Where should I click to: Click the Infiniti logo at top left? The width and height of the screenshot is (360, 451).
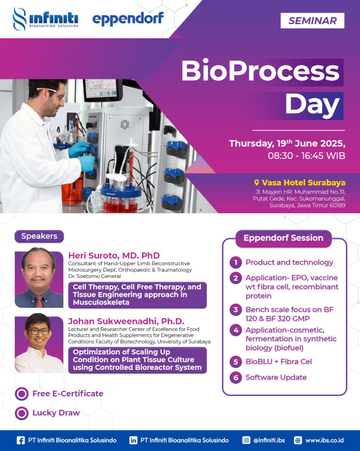[x=45, y=19]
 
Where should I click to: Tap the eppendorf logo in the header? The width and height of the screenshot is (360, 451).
[x=128, y=18]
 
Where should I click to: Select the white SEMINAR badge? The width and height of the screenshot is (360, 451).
[x=312, y=21]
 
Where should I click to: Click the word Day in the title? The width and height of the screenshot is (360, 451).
[x=312, y=106]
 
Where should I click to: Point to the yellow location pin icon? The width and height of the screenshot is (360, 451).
[x=257, y=183]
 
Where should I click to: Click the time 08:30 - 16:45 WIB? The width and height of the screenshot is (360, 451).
[x=306, y=155]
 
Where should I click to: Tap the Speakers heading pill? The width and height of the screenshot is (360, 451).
[x=39, y=236]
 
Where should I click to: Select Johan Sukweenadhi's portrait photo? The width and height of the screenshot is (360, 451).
[x=39, y=344]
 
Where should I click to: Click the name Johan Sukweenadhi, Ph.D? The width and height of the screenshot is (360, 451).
[x=126, y=321]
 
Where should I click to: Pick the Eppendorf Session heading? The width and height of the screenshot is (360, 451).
[x=283, y=238]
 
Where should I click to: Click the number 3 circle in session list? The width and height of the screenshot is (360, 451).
[x=235, y=310]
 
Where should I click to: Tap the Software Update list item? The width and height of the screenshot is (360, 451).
[x=276, y=377]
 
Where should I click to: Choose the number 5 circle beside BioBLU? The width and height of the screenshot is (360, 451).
[x=235, y=362]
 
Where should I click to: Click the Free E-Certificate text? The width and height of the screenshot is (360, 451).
[x=68, y=393]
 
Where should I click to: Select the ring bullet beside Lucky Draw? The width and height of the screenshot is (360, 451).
[x=22, y=413]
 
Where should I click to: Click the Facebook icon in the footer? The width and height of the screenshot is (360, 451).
[x=20, y=440]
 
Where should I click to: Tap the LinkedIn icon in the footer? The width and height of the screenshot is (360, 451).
[x=133, y=440]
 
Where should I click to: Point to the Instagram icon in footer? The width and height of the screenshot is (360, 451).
[x=246, y=440]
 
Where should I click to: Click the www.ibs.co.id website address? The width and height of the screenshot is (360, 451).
[x=324, y=440]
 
